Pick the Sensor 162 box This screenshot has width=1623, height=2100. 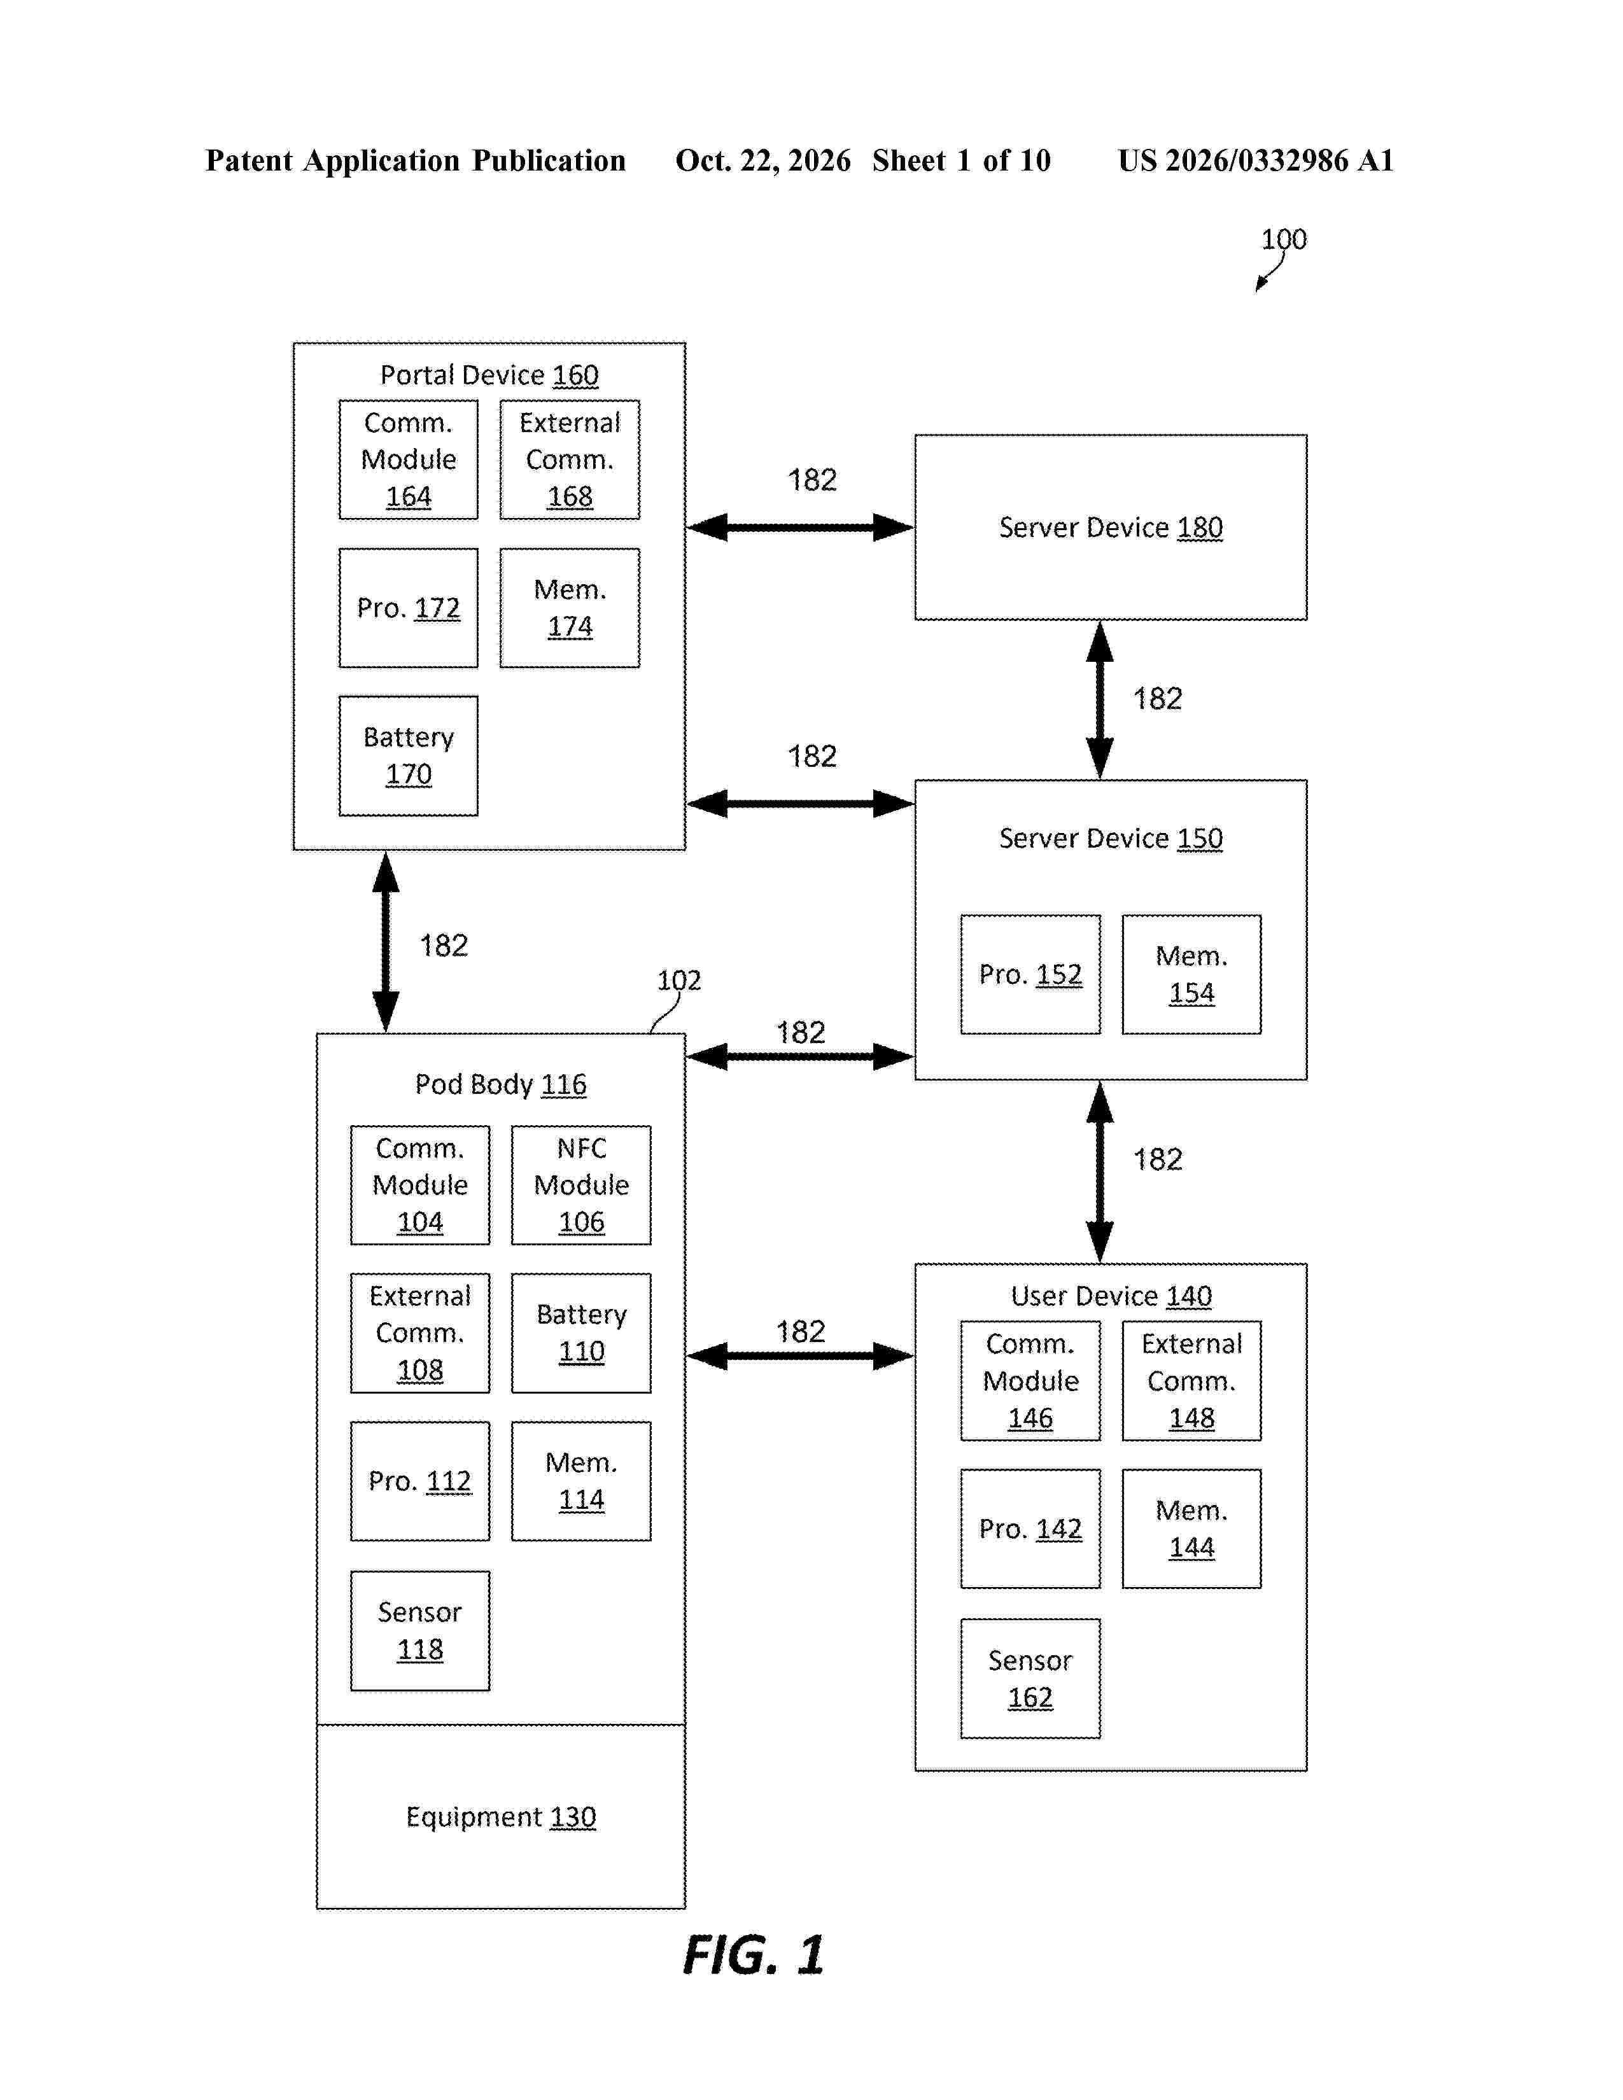(1030, 1678)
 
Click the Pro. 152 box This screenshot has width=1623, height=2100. (1030, 974)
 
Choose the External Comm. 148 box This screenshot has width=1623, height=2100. (1191, 1381)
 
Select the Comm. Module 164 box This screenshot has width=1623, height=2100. (408, 459)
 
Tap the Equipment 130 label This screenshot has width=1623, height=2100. (500, 1816)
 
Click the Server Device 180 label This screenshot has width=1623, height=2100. (1111, 527)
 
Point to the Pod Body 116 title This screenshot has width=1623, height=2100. (500, 1084)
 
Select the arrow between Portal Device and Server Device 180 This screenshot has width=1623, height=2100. (800, 527)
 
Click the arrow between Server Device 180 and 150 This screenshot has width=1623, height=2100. (1099, 699)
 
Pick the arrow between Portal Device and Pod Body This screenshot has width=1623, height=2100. (386, 941)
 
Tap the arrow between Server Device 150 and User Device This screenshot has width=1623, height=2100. (1099, 1171)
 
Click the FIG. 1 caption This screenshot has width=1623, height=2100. (754, 1955)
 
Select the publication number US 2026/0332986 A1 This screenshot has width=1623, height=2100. (1256, 160)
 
